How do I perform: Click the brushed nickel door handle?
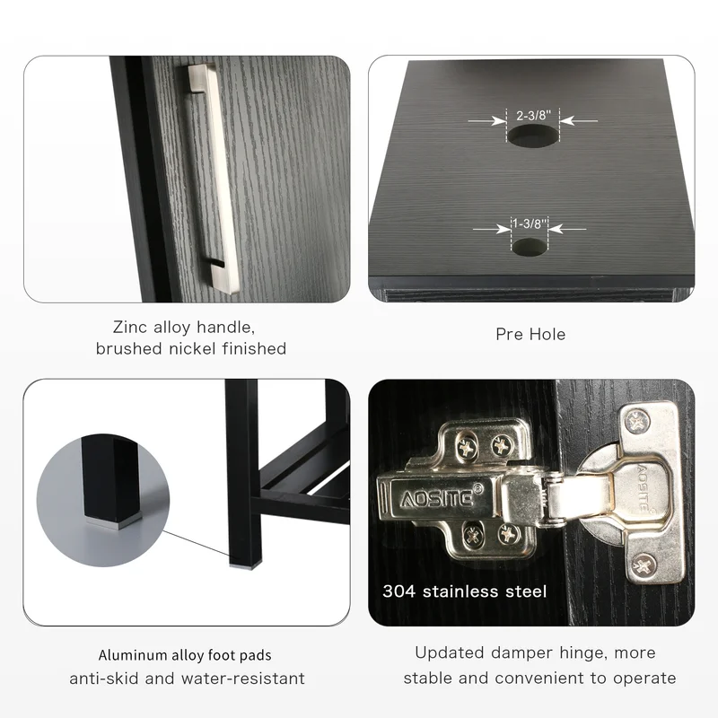[x=214, y=179]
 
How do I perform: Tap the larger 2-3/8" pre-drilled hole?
[x=533, y=136]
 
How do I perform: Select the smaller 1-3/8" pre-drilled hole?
[x=530, y=247]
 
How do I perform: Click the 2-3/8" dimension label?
[x=533, y=115]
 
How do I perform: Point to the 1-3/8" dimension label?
[x=530, y=223]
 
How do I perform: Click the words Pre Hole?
[x=530, y=334]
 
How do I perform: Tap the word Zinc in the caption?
[x=130, y=327]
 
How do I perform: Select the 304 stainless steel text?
[x=465, y=591]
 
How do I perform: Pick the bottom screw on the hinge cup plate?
[x=644, y=565]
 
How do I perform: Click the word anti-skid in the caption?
[x=104, y=679]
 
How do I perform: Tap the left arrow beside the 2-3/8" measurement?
[x=487, y=121]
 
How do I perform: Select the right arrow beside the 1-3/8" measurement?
[x=567, y=229]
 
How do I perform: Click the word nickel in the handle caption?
[x=193, y=349]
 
